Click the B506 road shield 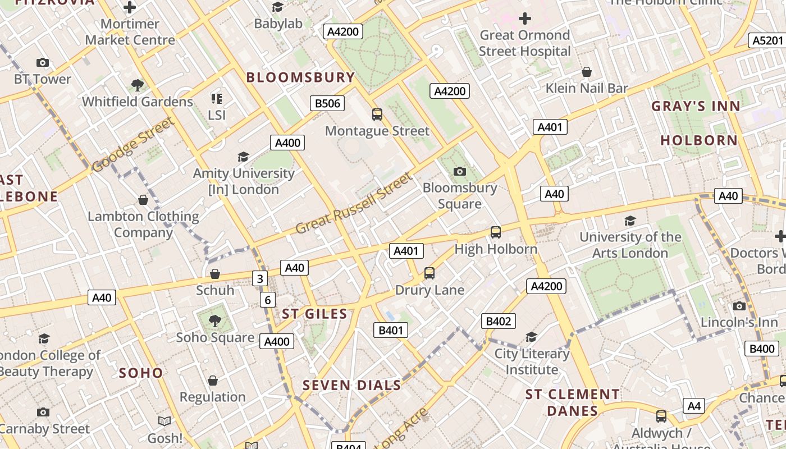[x=327, y=103]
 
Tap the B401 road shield [x=391, y=330]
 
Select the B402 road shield [x=498, y=321]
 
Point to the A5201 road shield [x=767, y=40]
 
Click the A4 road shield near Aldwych [x=694, y=405]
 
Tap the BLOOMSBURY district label [x=300, y=77]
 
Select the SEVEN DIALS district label [x=351, y=386]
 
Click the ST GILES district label [x=314, y=314]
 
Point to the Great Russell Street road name [x=354, y=204]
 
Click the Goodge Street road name [x=133, y=145]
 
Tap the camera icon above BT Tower [x=42, y=63]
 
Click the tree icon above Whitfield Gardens [x=137, y=85]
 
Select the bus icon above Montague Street [x=377, y=114]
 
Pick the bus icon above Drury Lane [x=429, y=273]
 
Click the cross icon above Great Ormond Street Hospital [x=524, y=19]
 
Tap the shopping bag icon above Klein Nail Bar [x=586, y=72]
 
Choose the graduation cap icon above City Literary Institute [x=531, y=337]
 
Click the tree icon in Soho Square [x=214, y=320]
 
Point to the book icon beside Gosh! [x=164, y=421]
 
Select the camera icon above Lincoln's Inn [x=739, y=306]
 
